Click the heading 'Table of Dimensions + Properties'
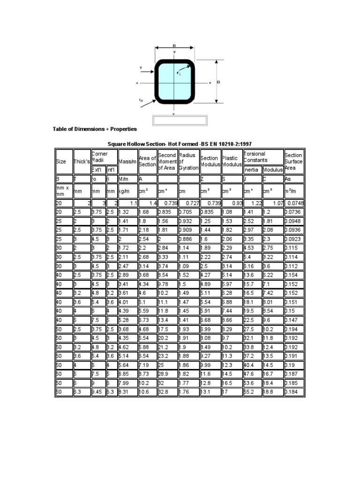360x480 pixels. click(95, 128)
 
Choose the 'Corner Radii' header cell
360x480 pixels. click(100, 157)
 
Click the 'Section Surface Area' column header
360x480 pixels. click(293, 161)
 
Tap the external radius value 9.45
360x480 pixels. click(97, 390)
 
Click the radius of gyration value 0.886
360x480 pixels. click(186, 239)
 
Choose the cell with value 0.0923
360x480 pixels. click(293, 239)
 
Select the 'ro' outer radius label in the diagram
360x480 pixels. click(141, 100)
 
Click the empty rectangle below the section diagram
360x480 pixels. click(180, 120)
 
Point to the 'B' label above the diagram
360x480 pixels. click(174, 45)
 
